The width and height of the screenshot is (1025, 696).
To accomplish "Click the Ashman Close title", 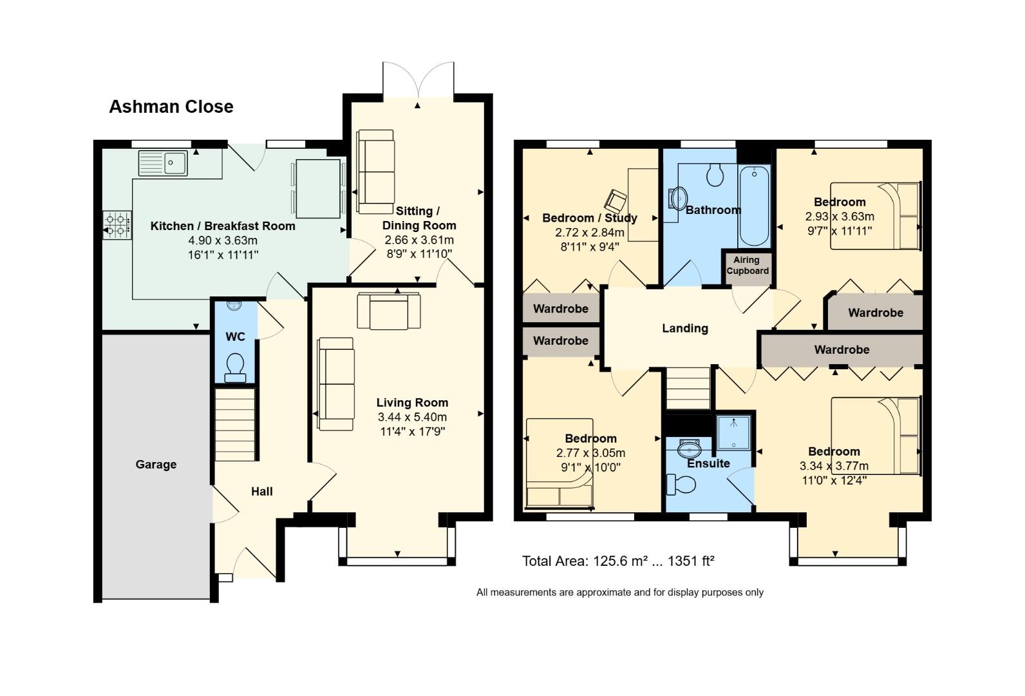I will point(171,106).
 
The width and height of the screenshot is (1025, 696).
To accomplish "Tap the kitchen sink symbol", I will point(163,163).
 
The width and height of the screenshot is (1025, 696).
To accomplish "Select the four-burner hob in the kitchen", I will point(117,226).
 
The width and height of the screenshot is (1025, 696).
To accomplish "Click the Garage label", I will point(156,465).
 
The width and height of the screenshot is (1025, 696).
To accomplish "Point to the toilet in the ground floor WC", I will point(235,366).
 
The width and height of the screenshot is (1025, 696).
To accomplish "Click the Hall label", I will point(261,492).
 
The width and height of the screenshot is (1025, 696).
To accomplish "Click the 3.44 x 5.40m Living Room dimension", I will point(412,417).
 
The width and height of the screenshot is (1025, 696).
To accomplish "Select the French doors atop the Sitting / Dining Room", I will point(418,81).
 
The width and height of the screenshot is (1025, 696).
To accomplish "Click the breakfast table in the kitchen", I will point(317,189).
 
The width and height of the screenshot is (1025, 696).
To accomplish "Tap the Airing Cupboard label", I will point(747,266).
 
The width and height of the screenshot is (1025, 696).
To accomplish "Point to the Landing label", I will point(685,329).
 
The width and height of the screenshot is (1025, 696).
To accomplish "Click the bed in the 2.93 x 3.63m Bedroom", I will point(876,216).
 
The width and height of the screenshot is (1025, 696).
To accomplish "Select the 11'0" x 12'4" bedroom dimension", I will point(834,480).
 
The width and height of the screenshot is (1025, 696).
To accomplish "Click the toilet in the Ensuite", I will point(681,483).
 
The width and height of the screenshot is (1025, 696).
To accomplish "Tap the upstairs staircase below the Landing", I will point(688,388).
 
